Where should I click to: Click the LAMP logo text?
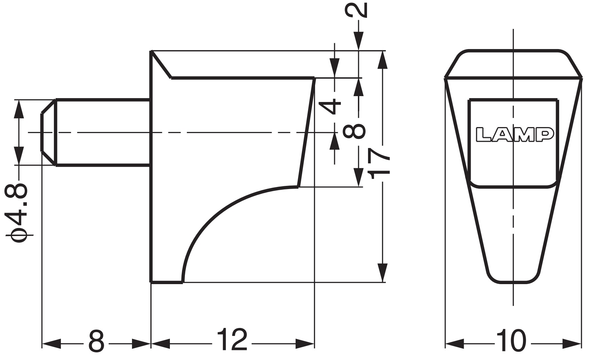(x=514, y=135)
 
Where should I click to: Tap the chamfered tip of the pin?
(x=48, y=132)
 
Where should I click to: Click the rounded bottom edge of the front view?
(x=514, y=281)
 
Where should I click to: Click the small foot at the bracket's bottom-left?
(x=166, y=281)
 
